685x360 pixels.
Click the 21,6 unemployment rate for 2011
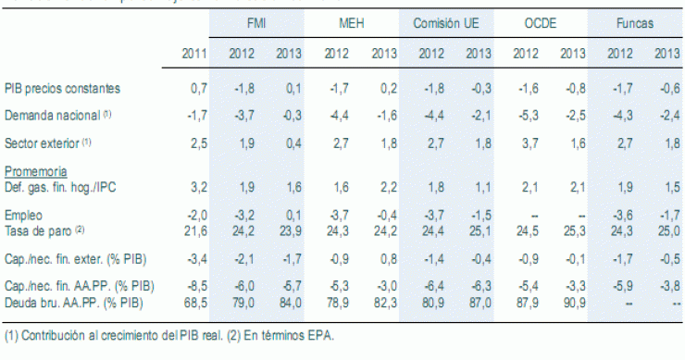(193, 229)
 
